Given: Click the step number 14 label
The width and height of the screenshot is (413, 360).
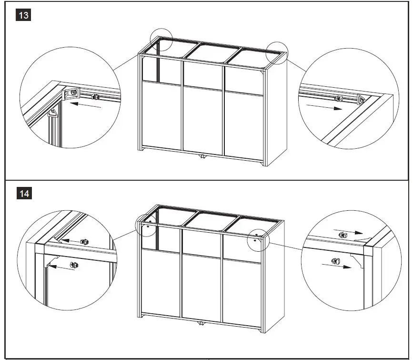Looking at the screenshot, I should (24, 194).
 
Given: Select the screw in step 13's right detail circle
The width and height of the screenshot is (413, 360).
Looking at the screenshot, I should (339, 99).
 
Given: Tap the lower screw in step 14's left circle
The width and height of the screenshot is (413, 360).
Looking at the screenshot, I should (74, 264).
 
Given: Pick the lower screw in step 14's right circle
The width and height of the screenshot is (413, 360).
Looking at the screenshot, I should (335, 261).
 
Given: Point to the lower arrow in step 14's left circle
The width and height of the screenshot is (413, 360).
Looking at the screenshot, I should (60, 267).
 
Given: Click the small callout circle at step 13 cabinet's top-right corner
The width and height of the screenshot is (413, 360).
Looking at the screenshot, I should (277, 51).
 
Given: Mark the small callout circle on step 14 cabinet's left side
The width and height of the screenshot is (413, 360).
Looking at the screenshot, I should (146, 224).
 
